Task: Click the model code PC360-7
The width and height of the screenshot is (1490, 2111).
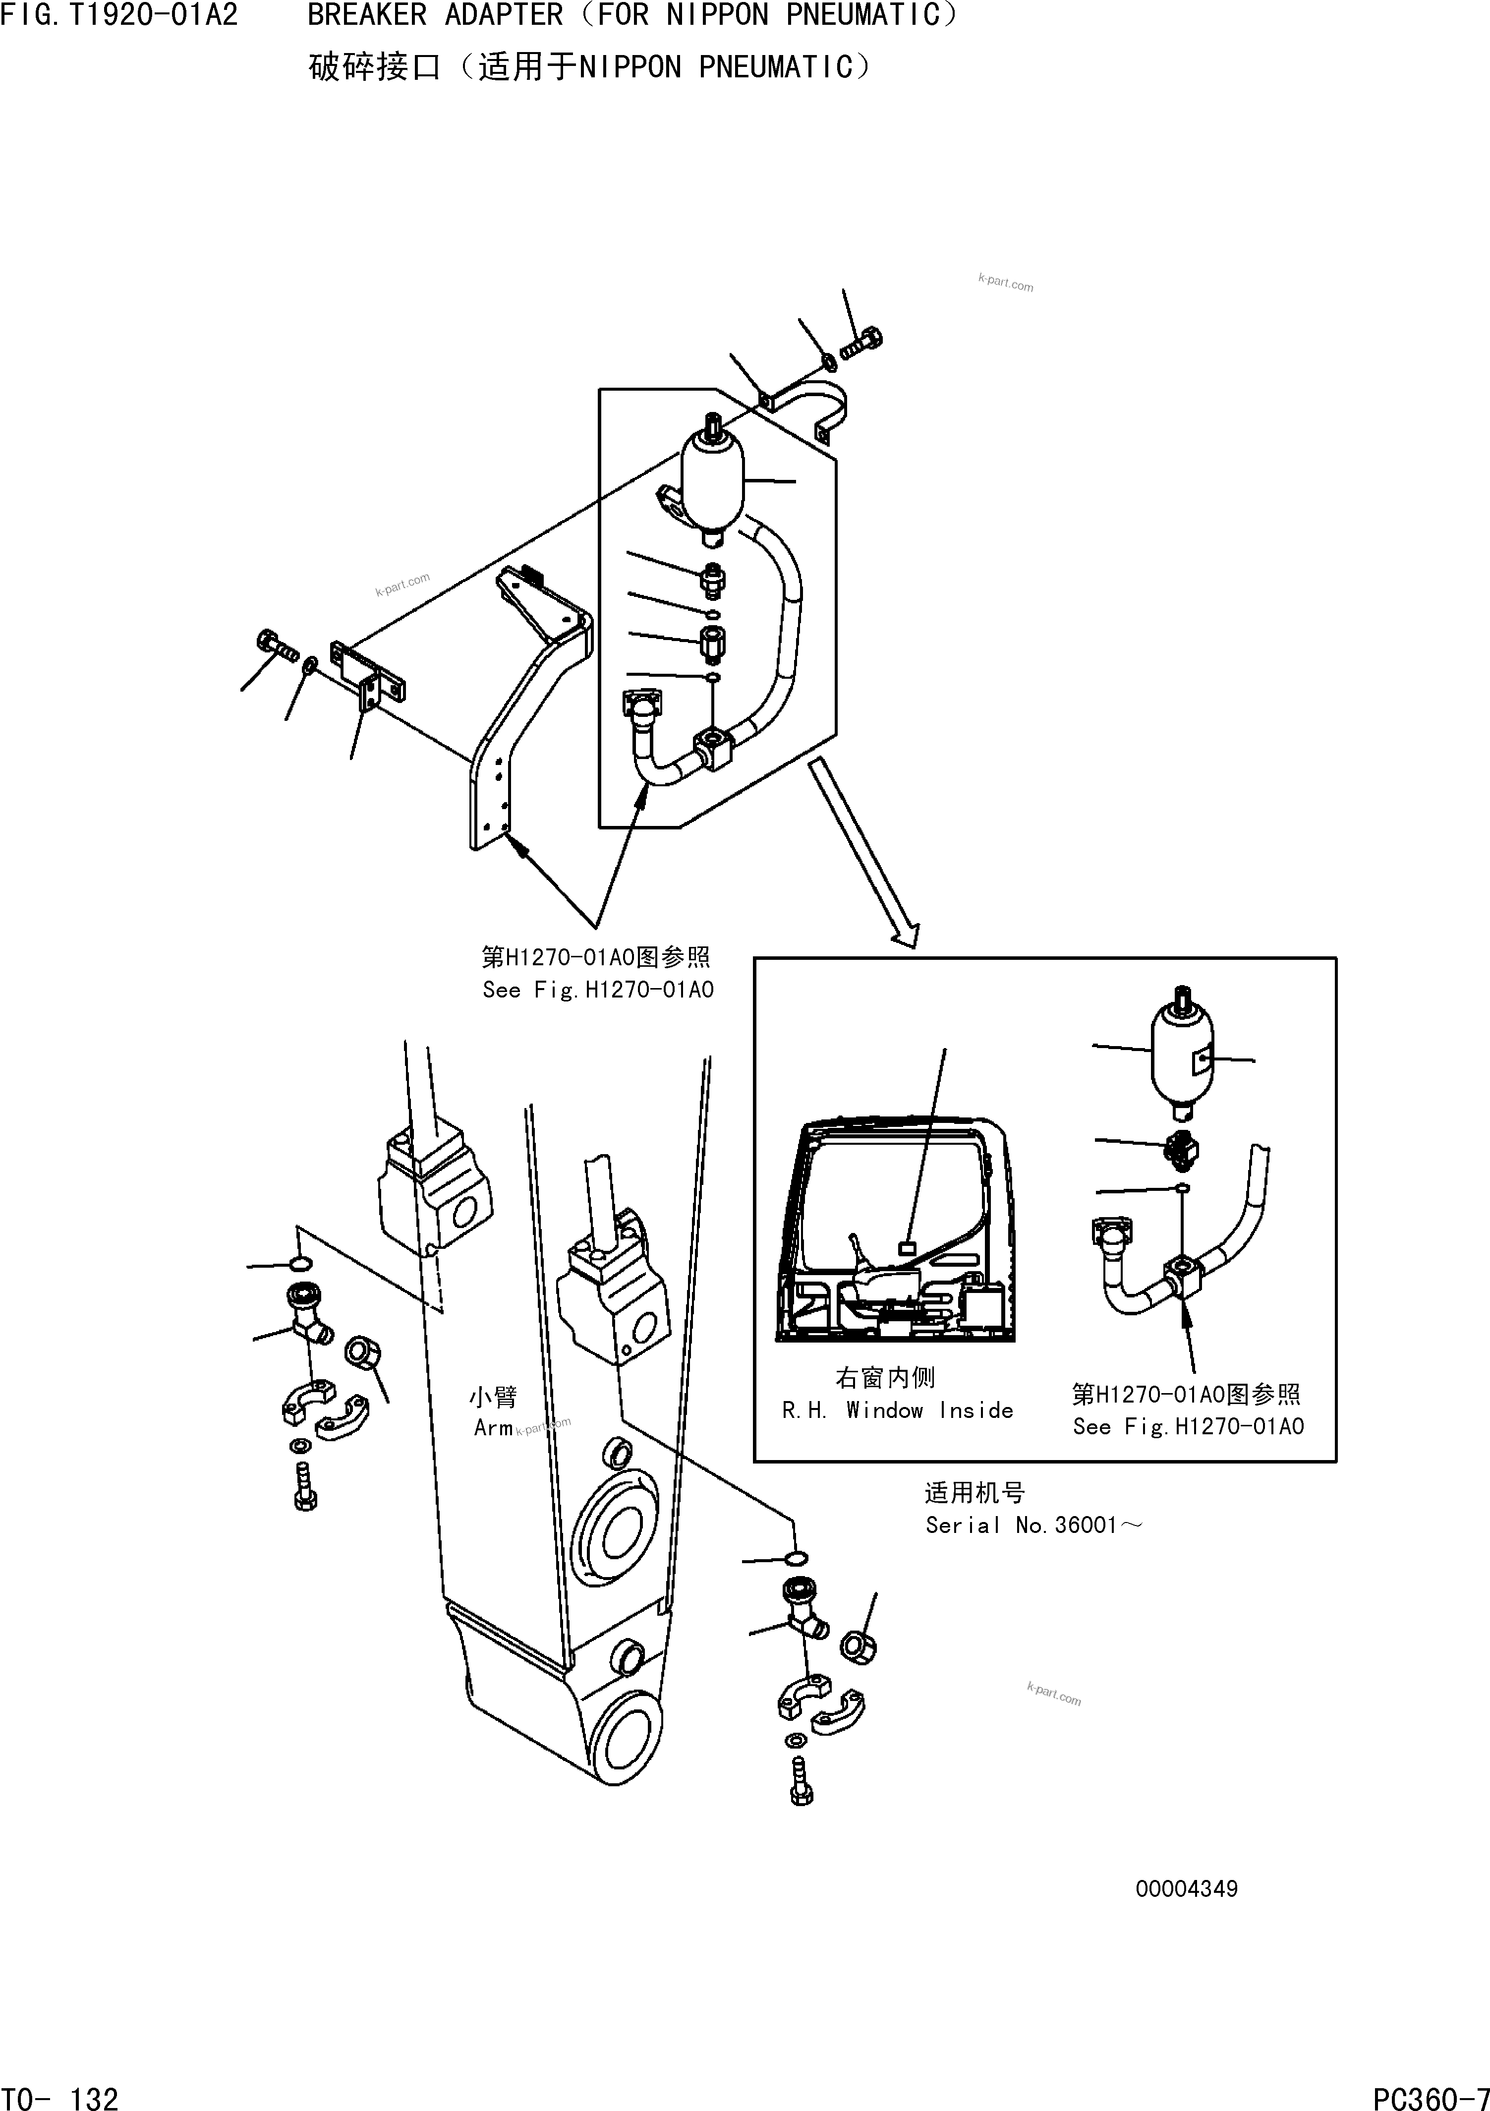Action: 1430,2093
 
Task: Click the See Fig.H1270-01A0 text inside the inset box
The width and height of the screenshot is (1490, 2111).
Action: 1188,1427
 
